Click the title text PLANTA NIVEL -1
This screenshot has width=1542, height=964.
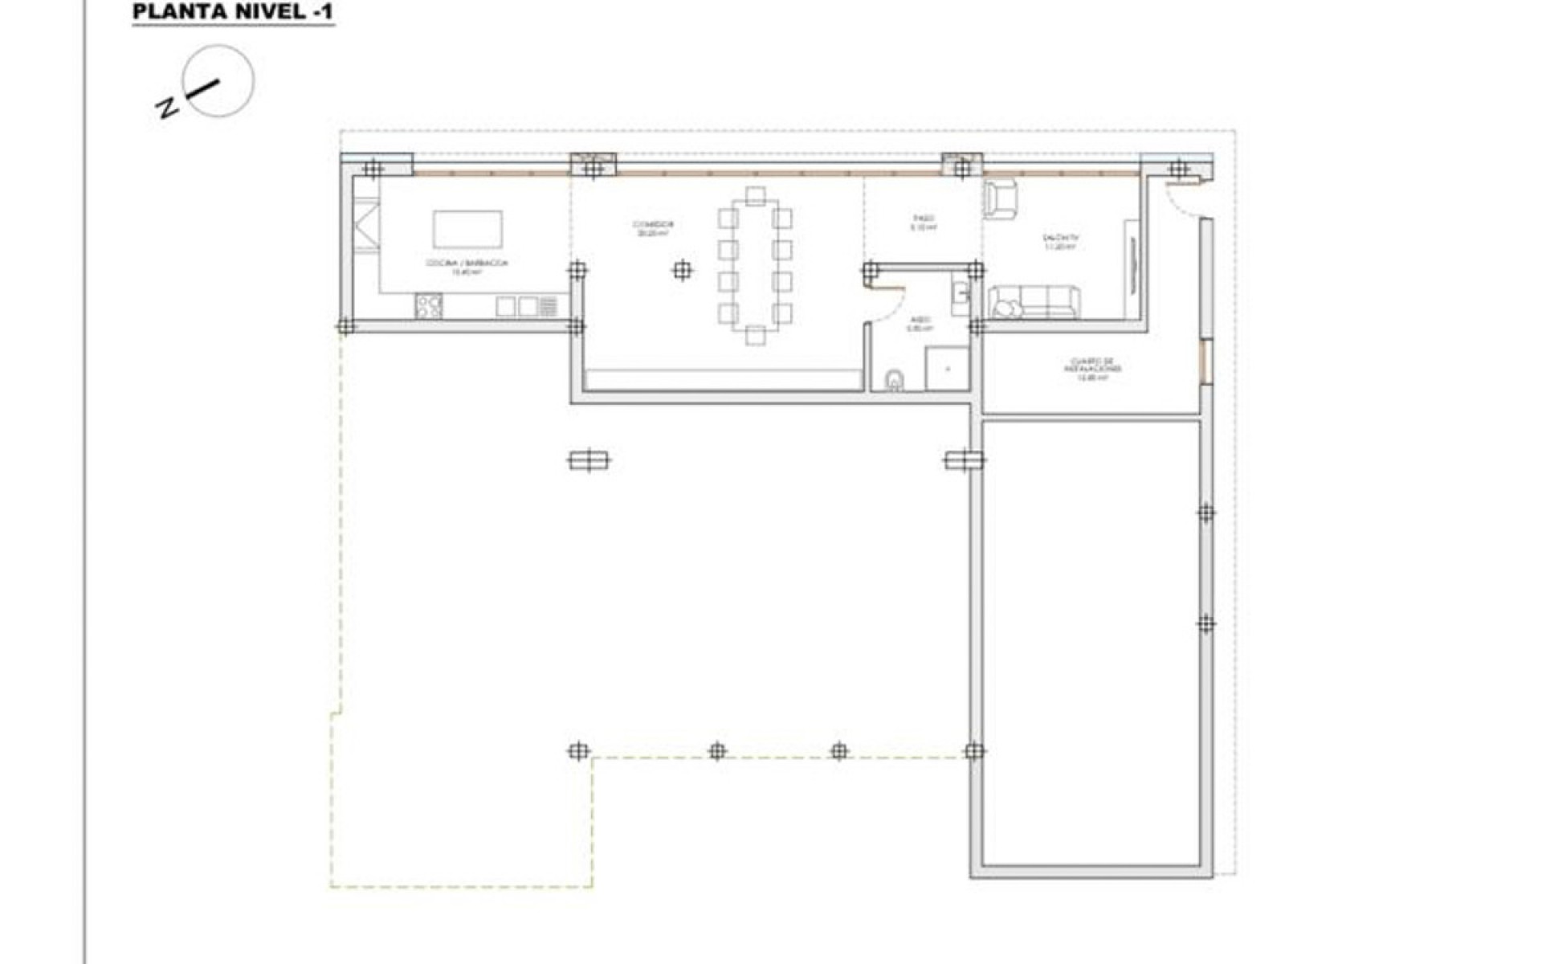coord(233,12)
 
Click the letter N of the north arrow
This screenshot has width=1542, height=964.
coord(166,108)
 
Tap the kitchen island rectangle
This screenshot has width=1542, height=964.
coord(467,229)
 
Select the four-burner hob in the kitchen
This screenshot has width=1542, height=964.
coord(429,305)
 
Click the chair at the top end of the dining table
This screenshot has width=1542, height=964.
coord(755,196)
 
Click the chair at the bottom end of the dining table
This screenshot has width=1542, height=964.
coord(755,335)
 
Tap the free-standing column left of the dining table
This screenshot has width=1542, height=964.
coord(682,271)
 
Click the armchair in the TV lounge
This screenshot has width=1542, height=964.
coord(1000,198)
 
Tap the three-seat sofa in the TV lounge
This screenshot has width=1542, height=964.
coord(1034,303)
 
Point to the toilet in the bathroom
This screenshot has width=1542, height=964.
coord(894,380)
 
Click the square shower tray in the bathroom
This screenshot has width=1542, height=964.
coord(948,369)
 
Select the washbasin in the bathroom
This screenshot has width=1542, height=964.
coord(960,296)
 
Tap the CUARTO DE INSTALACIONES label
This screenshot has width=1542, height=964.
coord(1092,369)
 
